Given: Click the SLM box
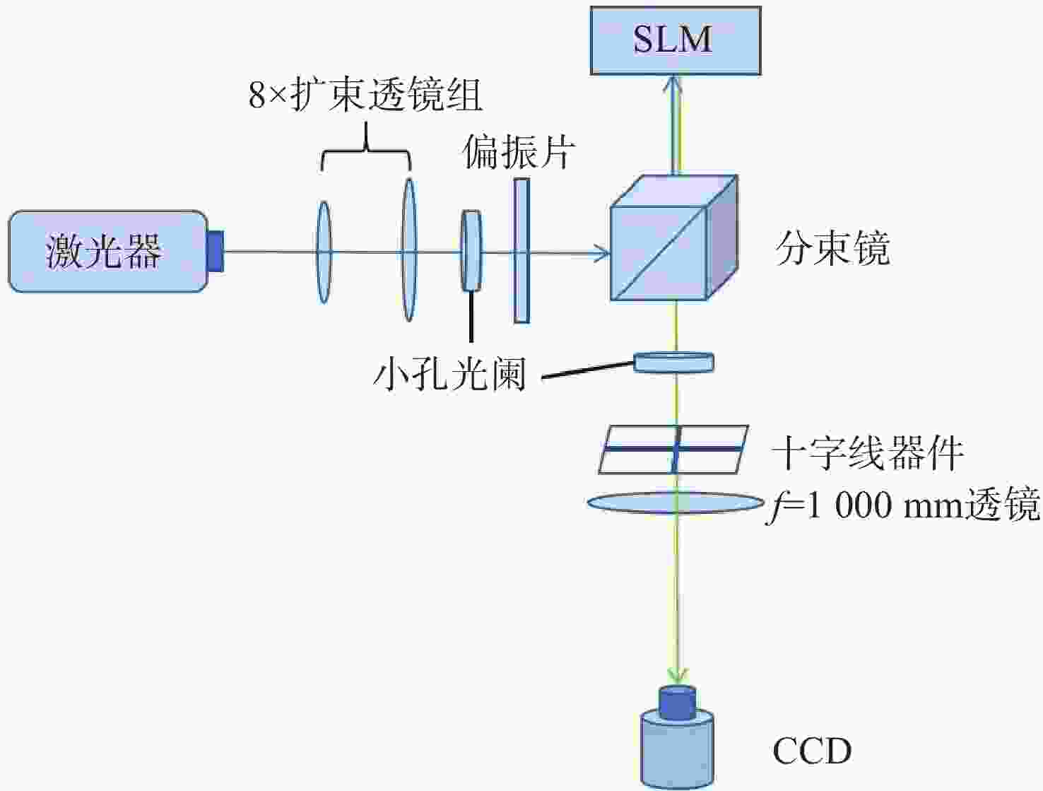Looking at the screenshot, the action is click(x=676, y=40).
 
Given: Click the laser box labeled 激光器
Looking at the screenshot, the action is click(x=108, y=252).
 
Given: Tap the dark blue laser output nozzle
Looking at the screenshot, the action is click(x=216, y=252).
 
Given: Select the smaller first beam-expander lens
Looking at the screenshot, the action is click(x=324, y=252).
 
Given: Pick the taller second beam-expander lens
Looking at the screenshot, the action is click(x=408, y=250).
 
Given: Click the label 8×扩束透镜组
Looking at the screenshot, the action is click(x=365, y=95).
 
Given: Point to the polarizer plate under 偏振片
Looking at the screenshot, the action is click(x=521, y=250).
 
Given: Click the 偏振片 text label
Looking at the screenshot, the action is click(x=519, y=152).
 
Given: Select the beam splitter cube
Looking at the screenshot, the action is click(x=674, y=238).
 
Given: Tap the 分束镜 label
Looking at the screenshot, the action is click(x=832, y=249).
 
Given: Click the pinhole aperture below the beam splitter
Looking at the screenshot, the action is click(x=674, y=362).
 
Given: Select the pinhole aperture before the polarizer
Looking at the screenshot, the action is click(x=471, y=250).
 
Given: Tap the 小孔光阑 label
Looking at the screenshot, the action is click(x=449, y=375).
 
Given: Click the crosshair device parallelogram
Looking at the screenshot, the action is click(x=673, y=449).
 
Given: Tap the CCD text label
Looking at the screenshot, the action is click(x=812, y=751).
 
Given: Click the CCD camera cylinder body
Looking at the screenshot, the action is click(x=677, y=749).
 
